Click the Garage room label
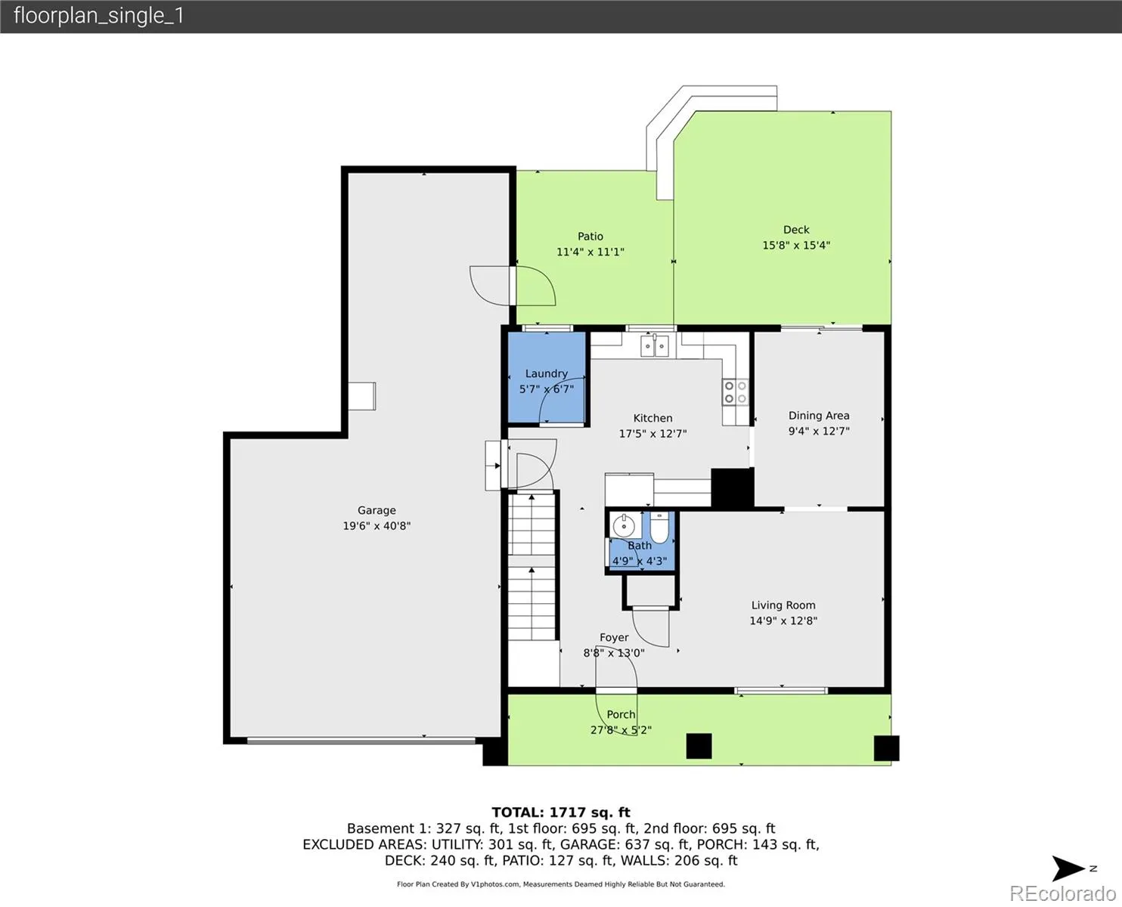(376, 510)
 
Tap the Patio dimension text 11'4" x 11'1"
(590, 252)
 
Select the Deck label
(796, 230)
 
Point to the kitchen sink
(655, 346)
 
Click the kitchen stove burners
(736, 392)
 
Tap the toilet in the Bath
(659, 527)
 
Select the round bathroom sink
(624, 525)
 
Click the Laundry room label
(546, 373)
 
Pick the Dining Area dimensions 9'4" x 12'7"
(819, 431)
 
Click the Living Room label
(783, 605)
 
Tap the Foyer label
(614, 637)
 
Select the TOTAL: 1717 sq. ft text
(561, 813)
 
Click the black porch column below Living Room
(699, 746)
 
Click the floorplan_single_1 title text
(99, 16)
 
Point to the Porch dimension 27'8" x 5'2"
(621, 730)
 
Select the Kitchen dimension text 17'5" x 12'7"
(652, 434)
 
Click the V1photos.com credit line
(561, 884)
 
